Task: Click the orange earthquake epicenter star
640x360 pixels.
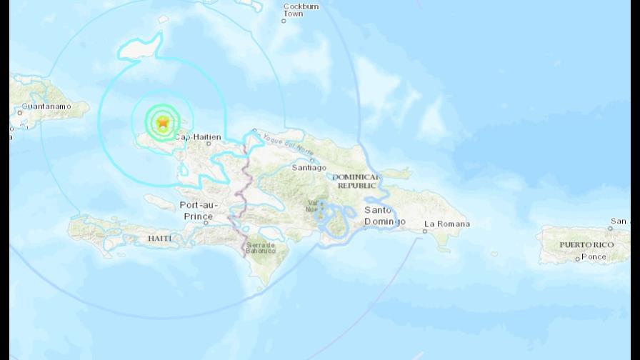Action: pos(163,123)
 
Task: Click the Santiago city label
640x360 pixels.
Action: pos(309,168)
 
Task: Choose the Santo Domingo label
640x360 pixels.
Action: pos(385,215)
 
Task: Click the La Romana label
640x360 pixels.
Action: pos(447,224)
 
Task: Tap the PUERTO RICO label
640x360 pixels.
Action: pos(586,244)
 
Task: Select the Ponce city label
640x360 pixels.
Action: pos(594,256)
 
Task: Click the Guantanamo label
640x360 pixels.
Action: pos(46,106)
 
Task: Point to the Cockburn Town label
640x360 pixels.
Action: pos(301,9)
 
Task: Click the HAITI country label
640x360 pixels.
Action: pos(160,237)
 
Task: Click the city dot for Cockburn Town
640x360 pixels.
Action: pos(283,21)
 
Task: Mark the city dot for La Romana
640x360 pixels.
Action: pos(426,231)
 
